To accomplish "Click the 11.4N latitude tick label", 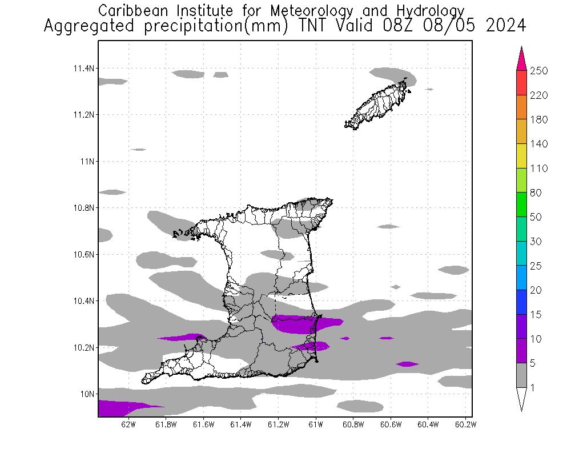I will pyautogui.click(x=83, y=69).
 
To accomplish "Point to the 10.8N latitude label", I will pyautogui.click(x=83, y=208).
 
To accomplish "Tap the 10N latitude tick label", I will pyautogui.click(x=86, y=394).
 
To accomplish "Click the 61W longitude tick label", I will pyautogui.click(x=316, y=424).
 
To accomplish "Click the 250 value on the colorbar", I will pyautogui.click(x=538, y=71).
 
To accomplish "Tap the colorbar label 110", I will pyautogui.click(x=538, y=169).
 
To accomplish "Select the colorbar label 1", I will pyautogui.click(x=532, y=388).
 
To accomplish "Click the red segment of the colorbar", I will pyautogui.click(x=521, y=83).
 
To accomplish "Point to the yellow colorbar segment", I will pyautogui.click(x=521, y=156).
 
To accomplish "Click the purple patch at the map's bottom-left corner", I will pyautogui.click(x=117, y=408).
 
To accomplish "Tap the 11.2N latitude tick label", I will pyautogui.click(x=83, y=115).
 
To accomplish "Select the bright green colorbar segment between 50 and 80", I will pyautogui.click(x=521, y=205).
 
